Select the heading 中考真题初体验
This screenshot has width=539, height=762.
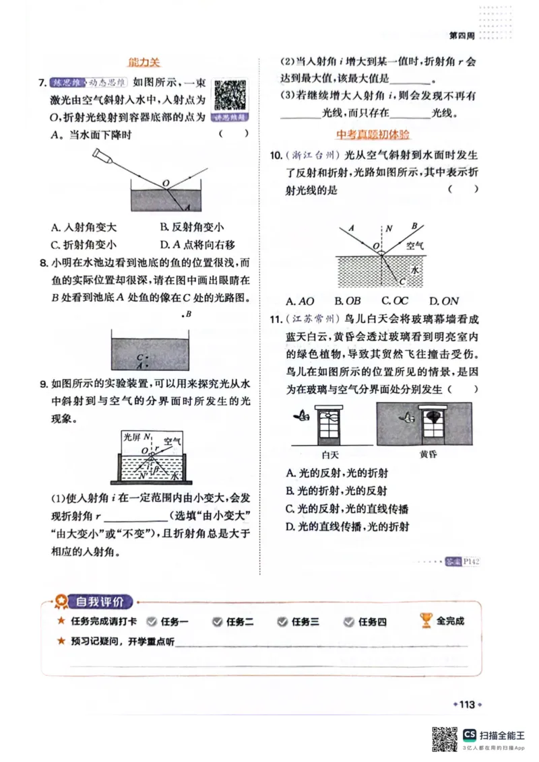373,134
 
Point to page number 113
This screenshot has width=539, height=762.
467,705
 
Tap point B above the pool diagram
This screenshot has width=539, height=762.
188,314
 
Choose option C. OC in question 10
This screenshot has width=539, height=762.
395,301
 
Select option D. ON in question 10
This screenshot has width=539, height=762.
444,301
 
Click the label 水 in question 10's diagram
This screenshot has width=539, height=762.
415,269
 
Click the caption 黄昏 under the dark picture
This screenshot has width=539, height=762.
429,454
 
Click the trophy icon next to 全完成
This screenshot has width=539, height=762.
426,621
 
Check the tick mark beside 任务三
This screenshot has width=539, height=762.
284,622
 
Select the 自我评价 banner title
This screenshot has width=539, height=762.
99,602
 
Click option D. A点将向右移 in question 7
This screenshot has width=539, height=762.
197,245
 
